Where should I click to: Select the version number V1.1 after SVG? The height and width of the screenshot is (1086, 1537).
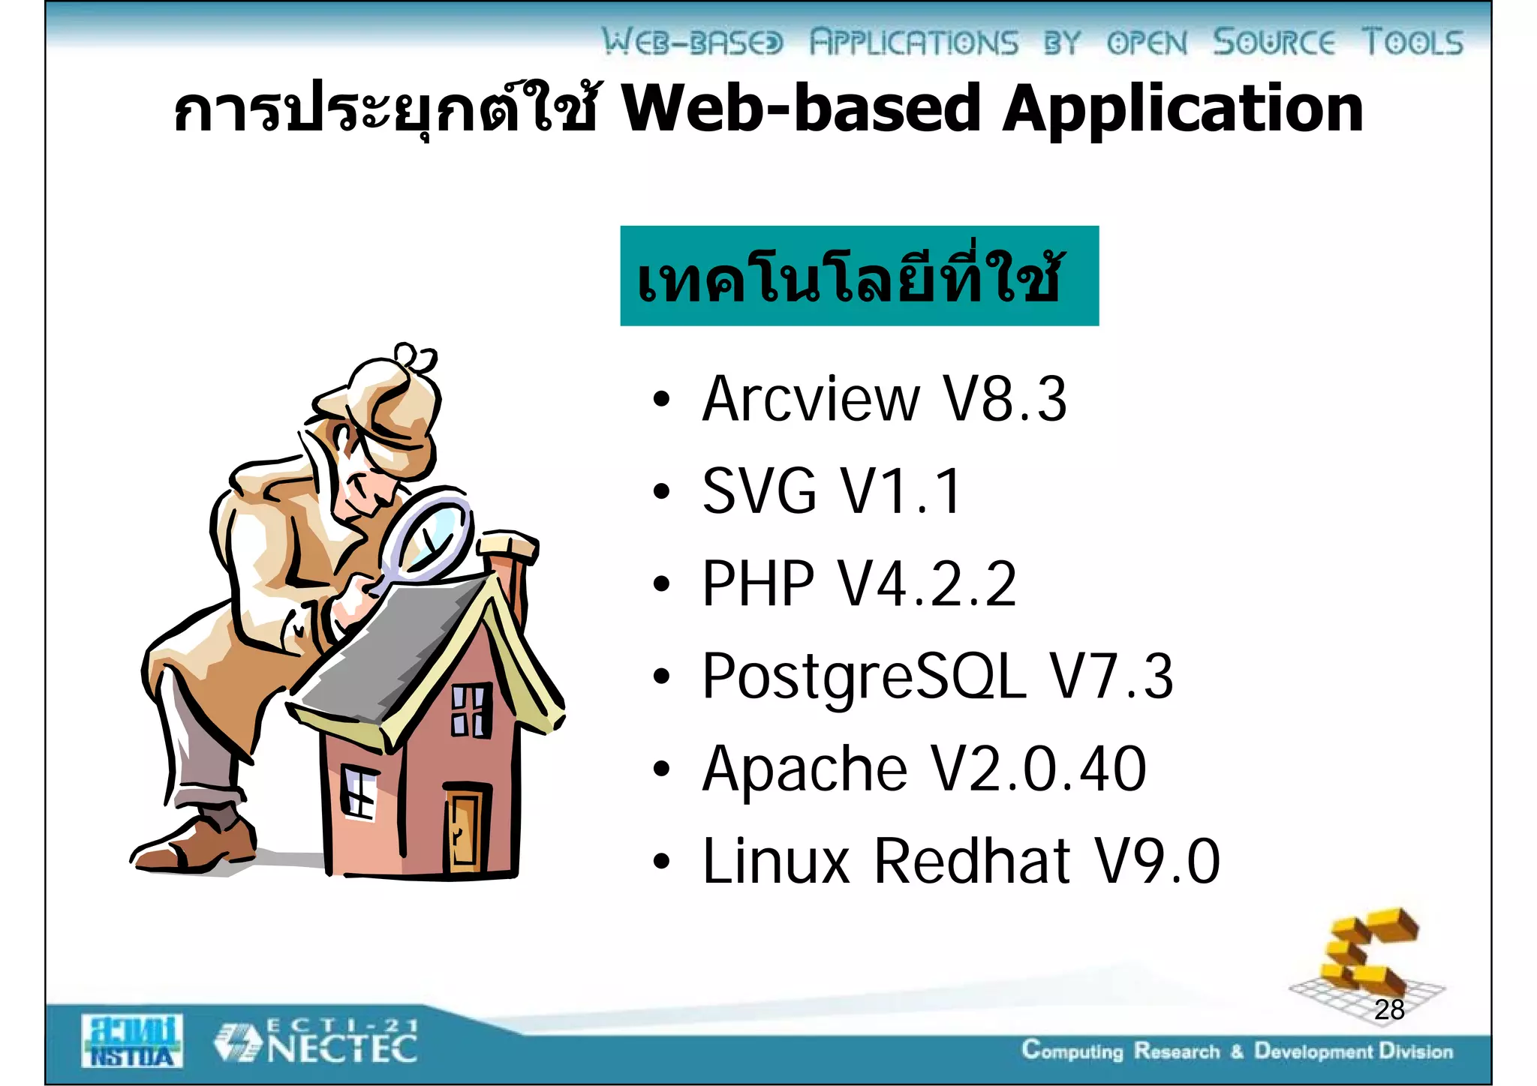click(x=900, y=492)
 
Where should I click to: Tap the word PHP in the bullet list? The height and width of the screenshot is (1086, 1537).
click(x=757, y=584)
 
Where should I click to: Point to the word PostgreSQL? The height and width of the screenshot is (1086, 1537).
click(x=863, y=677)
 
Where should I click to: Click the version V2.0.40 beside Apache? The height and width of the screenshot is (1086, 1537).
click(x=1039, y=769)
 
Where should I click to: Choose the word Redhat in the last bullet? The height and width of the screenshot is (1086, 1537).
click(x=973, y=862)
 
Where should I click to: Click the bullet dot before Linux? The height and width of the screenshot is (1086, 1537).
click(x=660, y=862)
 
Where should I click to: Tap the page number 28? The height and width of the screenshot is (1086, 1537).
click(x=1389, y=1010)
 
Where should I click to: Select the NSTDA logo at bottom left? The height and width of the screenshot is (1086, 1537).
click(x=132, y=1041)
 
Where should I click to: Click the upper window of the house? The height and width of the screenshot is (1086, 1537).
click(x=471, y=710)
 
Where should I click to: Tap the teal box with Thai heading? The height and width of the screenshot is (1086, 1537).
click(x=859, y=276)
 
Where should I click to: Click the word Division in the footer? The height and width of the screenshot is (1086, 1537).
click(x=1415, y=1051)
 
